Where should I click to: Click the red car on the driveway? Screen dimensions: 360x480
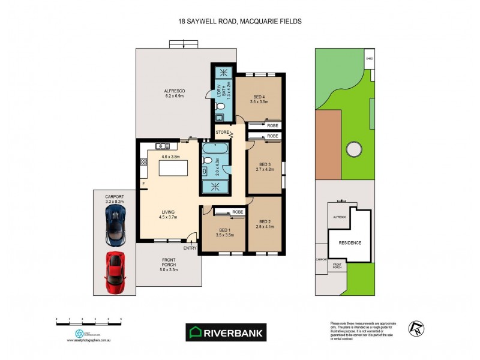(115, 272)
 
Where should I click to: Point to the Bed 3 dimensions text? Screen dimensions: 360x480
(266, 170)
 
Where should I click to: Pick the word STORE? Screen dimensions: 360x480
(222, 132)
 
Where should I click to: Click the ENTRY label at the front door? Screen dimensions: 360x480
(190, 248)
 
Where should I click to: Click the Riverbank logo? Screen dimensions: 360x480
(225, 332)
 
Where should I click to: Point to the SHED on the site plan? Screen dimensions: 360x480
(370, 59)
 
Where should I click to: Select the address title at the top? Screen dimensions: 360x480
(239, 21)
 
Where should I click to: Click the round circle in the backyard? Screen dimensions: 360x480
(352, 148)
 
